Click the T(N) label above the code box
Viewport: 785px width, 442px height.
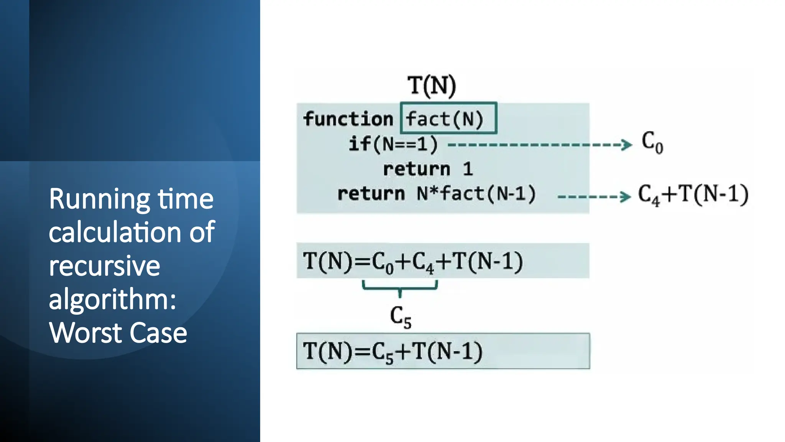[x=432, y=85]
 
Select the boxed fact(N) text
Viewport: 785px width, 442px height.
[x=445, y=119]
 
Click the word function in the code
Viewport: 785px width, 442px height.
[x=348, y=119]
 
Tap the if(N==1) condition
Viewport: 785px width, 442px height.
[x=393, y=144]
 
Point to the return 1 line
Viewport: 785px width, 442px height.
[x=428, y=169]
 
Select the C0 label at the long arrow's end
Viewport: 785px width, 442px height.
[x=652, y=142]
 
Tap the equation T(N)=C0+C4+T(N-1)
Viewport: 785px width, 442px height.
[x=412, y=262]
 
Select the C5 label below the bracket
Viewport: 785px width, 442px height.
[x=400, y=317]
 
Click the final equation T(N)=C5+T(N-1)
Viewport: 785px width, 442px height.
[x=392, y=351]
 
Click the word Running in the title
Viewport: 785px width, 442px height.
[x=99, y=200]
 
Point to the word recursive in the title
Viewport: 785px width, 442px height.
[x=104, y=266]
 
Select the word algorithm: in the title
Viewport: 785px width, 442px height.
[x=112, y=299]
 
